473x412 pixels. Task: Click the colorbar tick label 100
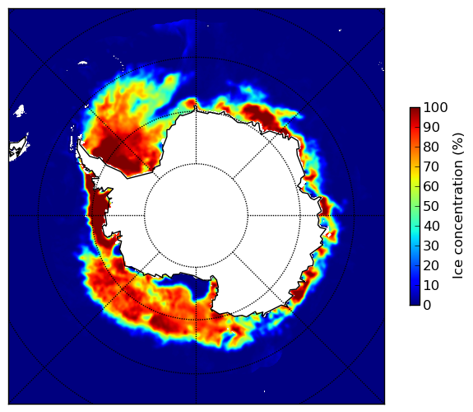point(435,107)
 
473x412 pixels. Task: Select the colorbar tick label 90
point(431,127)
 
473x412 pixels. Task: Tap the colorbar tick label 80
point(431,147)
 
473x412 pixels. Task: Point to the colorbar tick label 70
point(431,166)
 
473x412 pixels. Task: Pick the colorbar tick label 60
point(431,186)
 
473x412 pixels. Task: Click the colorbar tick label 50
point(431,207)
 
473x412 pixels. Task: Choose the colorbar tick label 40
point(431,226)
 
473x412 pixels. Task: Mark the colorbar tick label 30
point(431,246)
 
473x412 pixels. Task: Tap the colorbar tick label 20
point(431,265)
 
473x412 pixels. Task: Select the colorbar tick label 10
point(431,285)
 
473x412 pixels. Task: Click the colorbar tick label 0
point(427,306)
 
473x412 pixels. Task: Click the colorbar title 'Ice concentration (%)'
point(458,206)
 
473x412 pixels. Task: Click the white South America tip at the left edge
point(17,150)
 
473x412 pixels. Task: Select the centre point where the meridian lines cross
point(196,216)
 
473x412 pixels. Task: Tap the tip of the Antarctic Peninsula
point(79,142)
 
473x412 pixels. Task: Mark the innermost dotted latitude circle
point(196,164)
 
